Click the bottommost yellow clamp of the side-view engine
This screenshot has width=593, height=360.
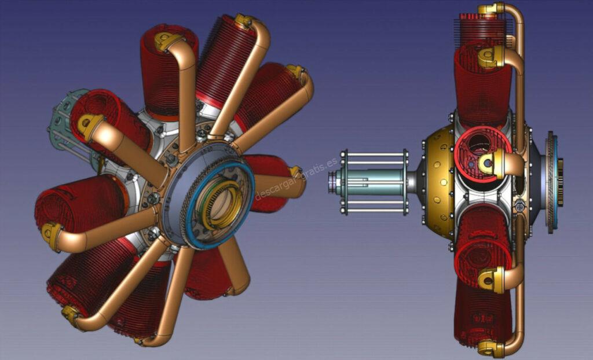click(x=490, y=348)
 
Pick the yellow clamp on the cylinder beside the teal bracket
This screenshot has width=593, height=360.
click(x=90, y=125)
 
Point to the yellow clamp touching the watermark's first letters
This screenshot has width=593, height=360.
click(x=296, y=171)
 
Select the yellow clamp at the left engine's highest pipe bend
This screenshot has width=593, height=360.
click(x=244, y=21)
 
